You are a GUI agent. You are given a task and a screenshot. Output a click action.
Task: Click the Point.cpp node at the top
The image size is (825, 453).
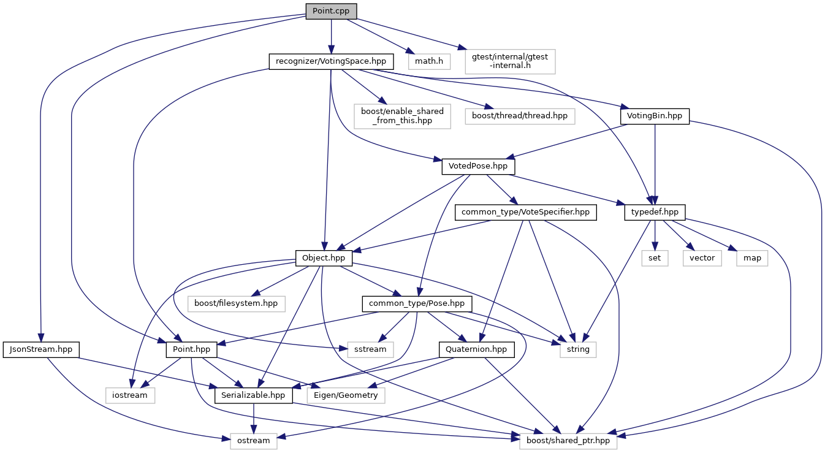coord(331,12)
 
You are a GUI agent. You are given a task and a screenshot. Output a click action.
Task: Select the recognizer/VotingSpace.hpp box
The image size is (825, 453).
coord(331,61)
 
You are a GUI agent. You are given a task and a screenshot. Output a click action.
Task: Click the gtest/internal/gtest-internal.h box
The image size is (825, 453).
coord(510,61)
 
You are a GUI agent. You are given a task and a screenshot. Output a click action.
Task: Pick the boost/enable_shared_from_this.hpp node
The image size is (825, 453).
coord(402,116)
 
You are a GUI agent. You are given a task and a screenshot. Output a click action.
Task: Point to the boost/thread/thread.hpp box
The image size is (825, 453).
coord(520,116)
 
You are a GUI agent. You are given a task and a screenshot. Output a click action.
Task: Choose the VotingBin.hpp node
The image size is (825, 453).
coord(655,116)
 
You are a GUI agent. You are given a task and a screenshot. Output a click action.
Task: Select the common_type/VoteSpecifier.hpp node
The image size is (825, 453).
coord(525,212)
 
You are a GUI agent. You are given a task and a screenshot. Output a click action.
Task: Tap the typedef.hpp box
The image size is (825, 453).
coord(655,212)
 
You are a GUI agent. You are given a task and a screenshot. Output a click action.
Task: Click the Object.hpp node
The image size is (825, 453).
coord(324,258)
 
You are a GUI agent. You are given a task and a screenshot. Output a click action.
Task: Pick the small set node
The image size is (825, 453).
coord(655,258)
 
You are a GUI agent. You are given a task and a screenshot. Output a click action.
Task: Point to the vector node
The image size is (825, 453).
coord(702,258)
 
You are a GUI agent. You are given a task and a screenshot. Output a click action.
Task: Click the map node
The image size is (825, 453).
coord(752,258)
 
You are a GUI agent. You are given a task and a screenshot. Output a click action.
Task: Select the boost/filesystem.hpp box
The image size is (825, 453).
coord(236,303)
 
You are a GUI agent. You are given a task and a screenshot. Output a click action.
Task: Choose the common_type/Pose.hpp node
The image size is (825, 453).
coord(417,303)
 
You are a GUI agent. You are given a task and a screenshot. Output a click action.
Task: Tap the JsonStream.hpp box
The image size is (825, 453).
coord(41,349)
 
